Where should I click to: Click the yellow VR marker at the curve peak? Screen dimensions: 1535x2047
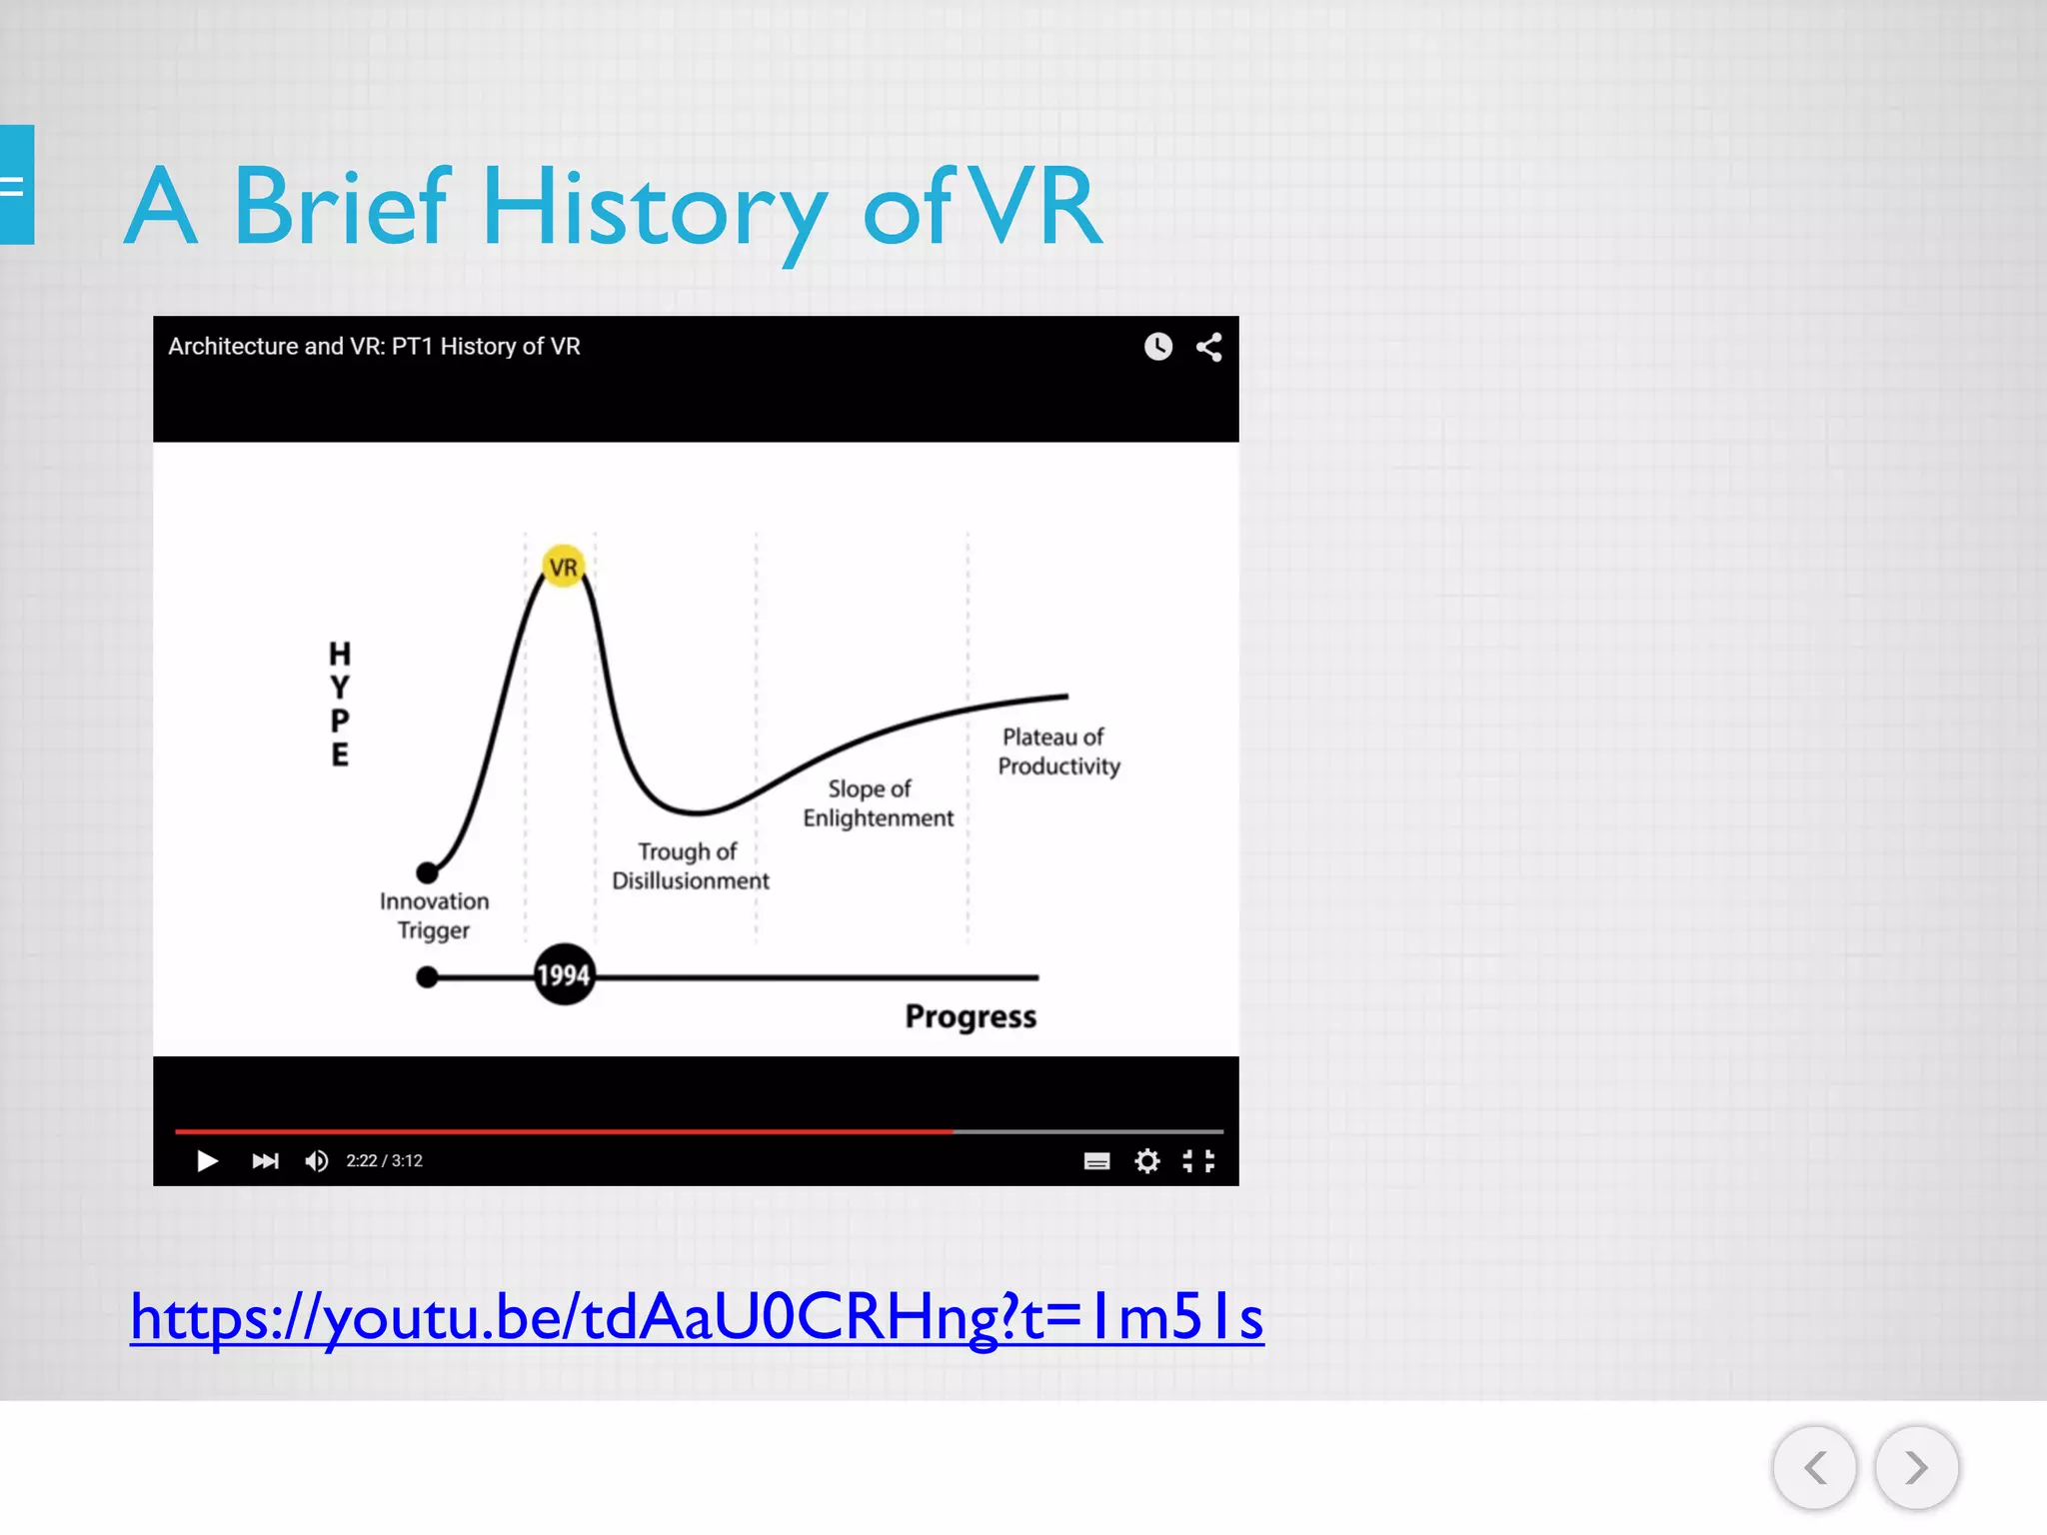564,567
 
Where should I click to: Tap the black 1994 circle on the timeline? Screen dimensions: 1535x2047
564,974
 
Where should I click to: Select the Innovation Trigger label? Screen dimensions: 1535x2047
434,915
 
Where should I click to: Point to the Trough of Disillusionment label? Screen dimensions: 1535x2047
690,865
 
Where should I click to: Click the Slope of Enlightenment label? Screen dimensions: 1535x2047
878,803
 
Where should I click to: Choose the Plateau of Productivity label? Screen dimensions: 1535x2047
1058,752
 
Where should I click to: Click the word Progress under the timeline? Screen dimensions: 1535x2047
971,1016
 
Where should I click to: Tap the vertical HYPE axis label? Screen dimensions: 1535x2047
340,704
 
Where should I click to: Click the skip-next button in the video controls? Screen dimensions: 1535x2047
265,1160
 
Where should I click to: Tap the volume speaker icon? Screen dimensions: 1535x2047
317,1160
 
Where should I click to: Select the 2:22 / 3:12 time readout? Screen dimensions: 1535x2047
385,1160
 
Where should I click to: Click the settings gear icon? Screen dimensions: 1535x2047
1147,1160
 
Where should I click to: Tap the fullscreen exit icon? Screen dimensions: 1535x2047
1198,1160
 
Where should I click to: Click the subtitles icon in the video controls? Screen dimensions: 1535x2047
1096,1160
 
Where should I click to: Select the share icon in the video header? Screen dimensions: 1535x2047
1209,347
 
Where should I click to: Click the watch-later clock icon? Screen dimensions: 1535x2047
1158,347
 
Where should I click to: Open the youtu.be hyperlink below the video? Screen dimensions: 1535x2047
697,1317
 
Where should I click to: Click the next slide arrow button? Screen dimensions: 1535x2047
1916,1468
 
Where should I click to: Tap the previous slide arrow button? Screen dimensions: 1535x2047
1815,1468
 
